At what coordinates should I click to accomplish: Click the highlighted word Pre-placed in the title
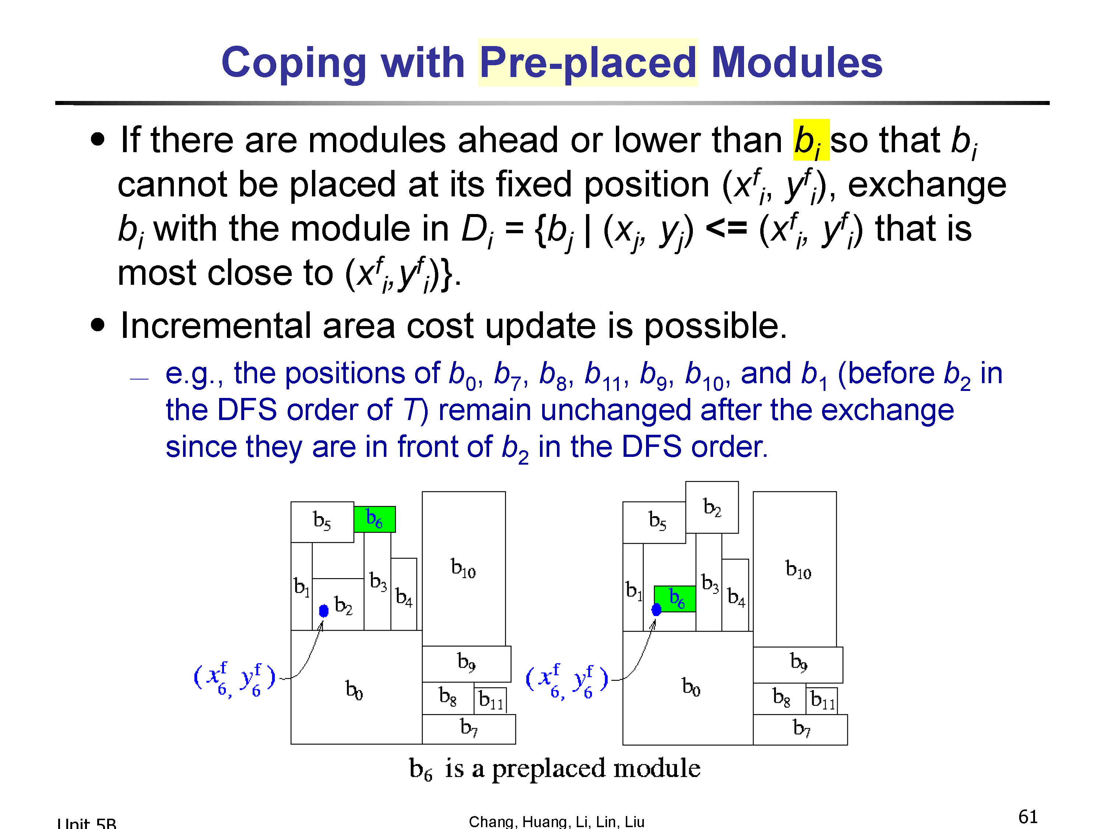[587, 63]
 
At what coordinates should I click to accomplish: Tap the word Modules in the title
[797, 63]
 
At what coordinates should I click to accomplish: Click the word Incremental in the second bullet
[216, 325]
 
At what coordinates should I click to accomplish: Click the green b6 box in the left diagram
[375, 519]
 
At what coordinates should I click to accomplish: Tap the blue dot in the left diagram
[324, 610]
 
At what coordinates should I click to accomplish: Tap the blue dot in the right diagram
[656, 609]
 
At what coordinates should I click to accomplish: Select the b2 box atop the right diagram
[712, 507]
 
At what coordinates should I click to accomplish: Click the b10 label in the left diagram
[463, 568]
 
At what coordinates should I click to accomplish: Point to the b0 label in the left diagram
[354, 690]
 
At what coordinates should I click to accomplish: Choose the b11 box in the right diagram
[822, 700]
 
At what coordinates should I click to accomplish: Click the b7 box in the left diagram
[469, 729]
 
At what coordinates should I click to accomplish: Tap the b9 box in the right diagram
[798, 665]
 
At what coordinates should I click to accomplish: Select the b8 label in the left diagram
[448, 696]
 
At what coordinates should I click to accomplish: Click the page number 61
[1028, 816]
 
